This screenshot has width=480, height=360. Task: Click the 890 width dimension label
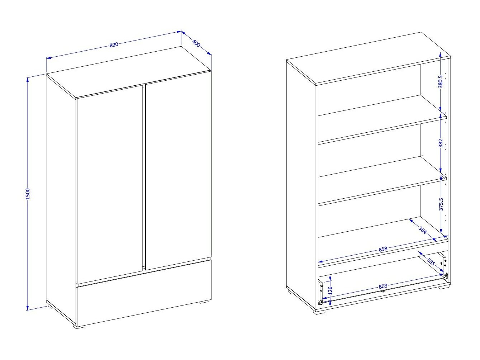pos(114,44)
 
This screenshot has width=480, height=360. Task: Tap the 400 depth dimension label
pos(196,43)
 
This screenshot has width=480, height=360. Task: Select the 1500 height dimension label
pos(28,194)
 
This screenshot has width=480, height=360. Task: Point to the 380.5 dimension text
pos(441,82)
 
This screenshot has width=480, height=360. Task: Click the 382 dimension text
pos(441,143)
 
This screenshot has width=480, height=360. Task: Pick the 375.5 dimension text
pos(441,204)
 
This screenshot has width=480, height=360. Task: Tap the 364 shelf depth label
pos(422,230)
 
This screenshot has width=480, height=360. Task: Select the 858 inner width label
pos(383,249)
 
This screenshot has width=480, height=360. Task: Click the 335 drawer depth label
pos(431,262)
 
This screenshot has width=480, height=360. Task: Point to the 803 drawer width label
pos(383,286)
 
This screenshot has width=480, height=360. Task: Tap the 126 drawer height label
pos(331,290)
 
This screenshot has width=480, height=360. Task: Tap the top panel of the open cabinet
pos(369,58)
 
